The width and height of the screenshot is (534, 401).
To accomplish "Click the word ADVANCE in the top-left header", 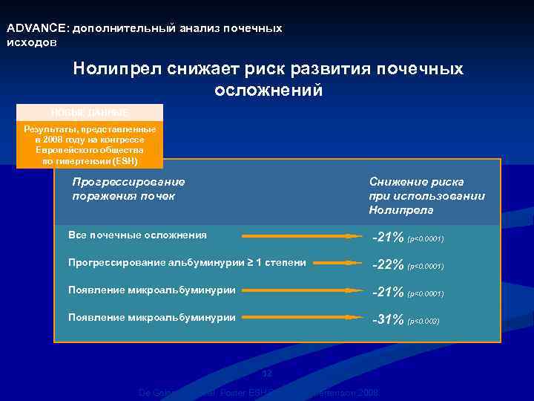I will (36, 28).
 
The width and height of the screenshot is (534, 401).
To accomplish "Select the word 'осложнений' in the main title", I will (268, 91).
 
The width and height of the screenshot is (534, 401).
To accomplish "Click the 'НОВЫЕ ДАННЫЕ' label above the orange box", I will (89, 112).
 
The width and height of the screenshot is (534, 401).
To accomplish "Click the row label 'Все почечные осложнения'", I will (137, 235).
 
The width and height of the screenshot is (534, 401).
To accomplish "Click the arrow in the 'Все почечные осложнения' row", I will (301, 236).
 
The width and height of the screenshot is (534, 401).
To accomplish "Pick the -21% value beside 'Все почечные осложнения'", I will (389, 238).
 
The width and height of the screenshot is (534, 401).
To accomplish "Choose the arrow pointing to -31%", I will (301, 317).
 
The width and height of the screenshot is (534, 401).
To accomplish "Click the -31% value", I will (389, 320).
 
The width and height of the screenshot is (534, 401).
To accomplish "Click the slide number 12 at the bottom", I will (268, 373).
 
